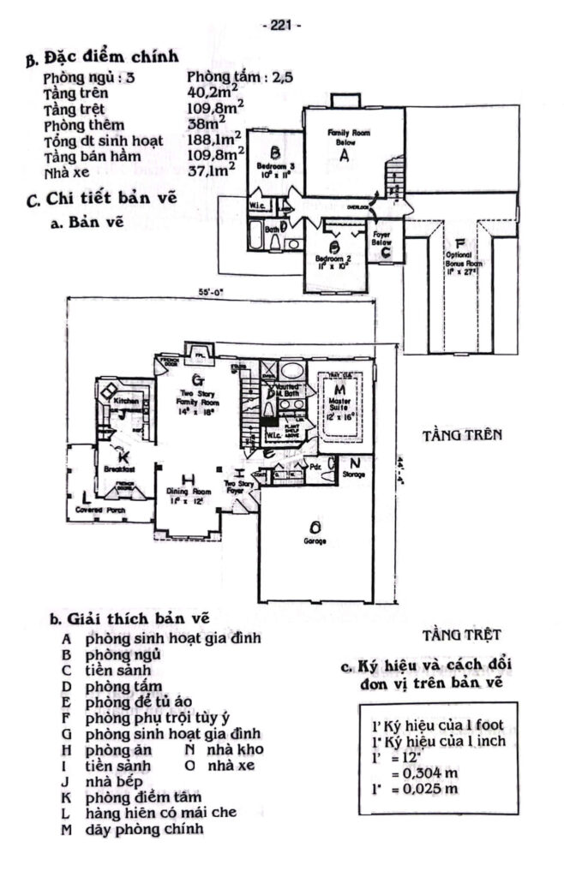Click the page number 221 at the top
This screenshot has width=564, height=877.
[281, 26]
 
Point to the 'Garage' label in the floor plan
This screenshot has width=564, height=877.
[316, 541]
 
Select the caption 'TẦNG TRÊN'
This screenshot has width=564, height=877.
[461, 435]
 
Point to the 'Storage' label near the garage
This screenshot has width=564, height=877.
[354, 473]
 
